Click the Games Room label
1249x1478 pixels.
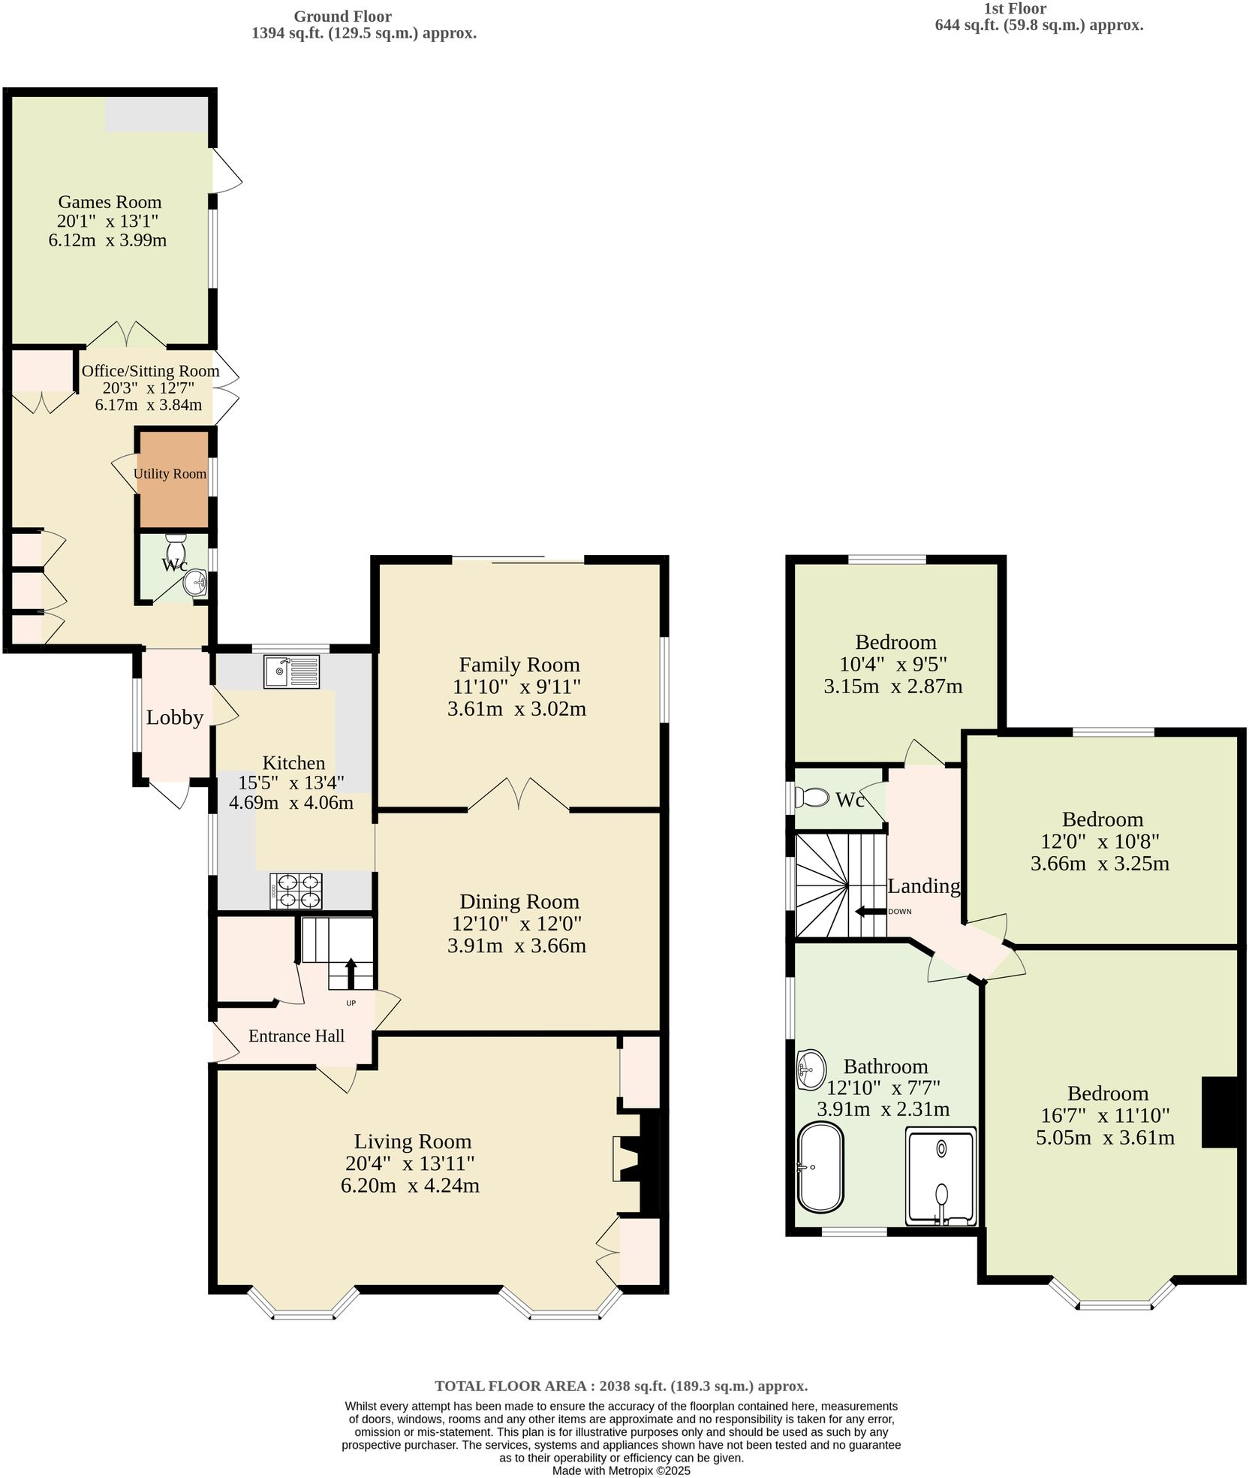(110, 202)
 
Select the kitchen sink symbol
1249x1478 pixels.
(291, 671)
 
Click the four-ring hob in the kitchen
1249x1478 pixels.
(296, 891)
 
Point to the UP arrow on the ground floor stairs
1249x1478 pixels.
(351, 974)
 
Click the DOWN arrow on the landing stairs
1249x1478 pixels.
(870, 911)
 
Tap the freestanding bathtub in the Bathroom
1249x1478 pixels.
(820, 1166)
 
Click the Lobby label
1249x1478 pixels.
(174, 717)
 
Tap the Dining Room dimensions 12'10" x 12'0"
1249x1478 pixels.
(516, 923)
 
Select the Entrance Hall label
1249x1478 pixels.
(296, 1036)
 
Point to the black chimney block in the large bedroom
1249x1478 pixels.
(1219, 1112)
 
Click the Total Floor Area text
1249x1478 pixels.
(621, 1386)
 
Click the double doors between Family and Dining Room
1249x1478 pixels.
(518, 796)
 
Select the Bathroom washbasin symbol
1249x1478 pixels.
(811, 1069)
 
